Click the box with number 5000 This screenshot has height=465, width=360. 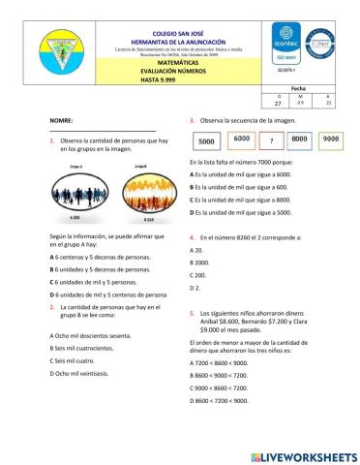point(205,141)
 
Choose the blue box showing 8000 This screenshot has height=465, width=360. point(300,139)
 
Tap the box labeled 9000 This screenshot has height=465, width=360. point(330,139)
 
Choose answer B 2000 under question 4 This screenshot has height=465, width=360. point(200,263)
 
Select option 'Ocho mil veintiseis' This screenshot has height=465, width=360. point(80,373)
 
